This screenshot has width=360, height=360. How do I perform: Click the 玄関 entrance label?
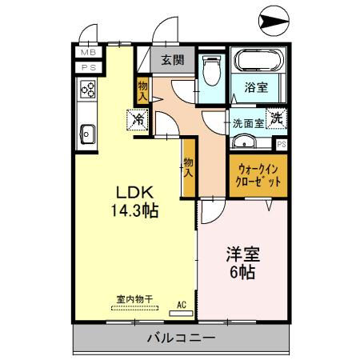[172, 59]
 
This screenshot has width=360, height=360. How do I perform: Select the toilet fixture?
[211, 72]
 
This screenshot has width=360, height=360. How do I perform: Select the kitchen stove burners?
[86, 91]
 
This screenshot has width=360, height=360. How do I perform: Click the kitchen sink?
[86, 134]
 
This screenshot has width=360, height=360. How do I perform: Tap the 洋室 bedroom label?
[239, 254]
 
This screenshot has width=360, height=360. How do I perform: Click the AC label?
[182, 304]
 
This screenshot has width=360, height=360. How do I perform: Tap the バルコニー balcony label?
[180, 338]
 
